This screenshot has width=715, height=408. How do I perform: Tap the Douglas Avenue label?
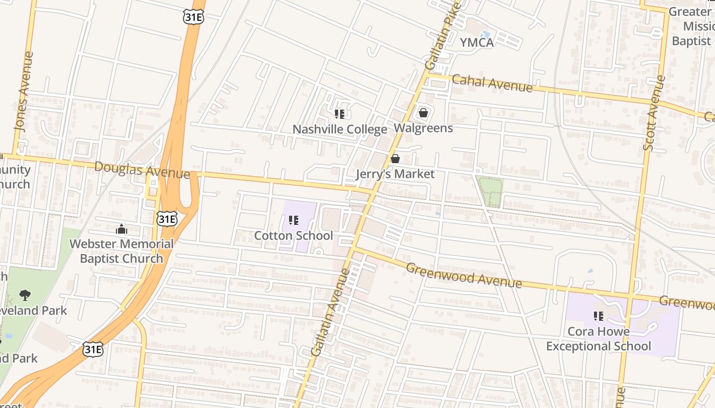142,170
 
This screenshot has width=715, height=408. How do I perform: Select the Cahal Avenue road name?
492,83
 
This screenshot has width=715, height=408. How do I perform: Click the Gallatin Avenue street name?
330,312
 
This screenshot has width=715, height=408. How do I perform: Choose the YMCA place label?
477,43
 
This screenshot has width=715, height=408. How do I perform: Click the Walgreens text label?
423,128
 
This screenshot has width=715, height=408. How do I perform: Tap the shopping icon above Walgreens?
423,113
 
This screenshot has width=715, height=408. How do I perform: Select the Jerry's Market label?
395,174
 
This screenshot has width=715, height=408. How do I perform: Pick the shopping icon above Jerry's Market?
395,159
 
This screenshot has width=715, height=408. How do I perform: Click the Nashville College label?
340,130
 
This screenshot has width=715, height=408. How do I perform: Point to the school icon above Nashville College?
340,114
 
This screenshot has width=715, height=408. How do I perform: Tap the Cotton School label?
294,236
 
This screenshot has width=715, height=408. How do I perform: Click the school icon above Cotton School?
294,220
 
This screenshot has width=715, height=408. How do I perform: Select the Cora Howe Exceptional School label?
599,339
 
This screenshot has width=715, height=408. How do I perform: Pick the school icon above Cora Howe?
599,316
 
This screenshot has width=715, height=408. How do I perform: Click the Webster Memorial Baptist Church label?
122,251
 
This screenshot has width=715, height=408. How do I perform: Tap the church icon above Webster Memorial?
122,229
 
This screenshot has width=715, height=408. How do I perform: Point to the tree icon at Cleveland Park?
25,295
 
